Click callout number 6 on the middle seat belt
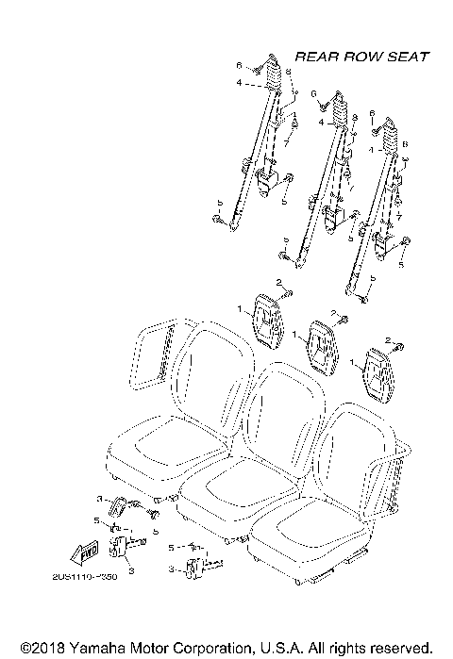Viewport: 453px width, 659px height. (x=312, y=94)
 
